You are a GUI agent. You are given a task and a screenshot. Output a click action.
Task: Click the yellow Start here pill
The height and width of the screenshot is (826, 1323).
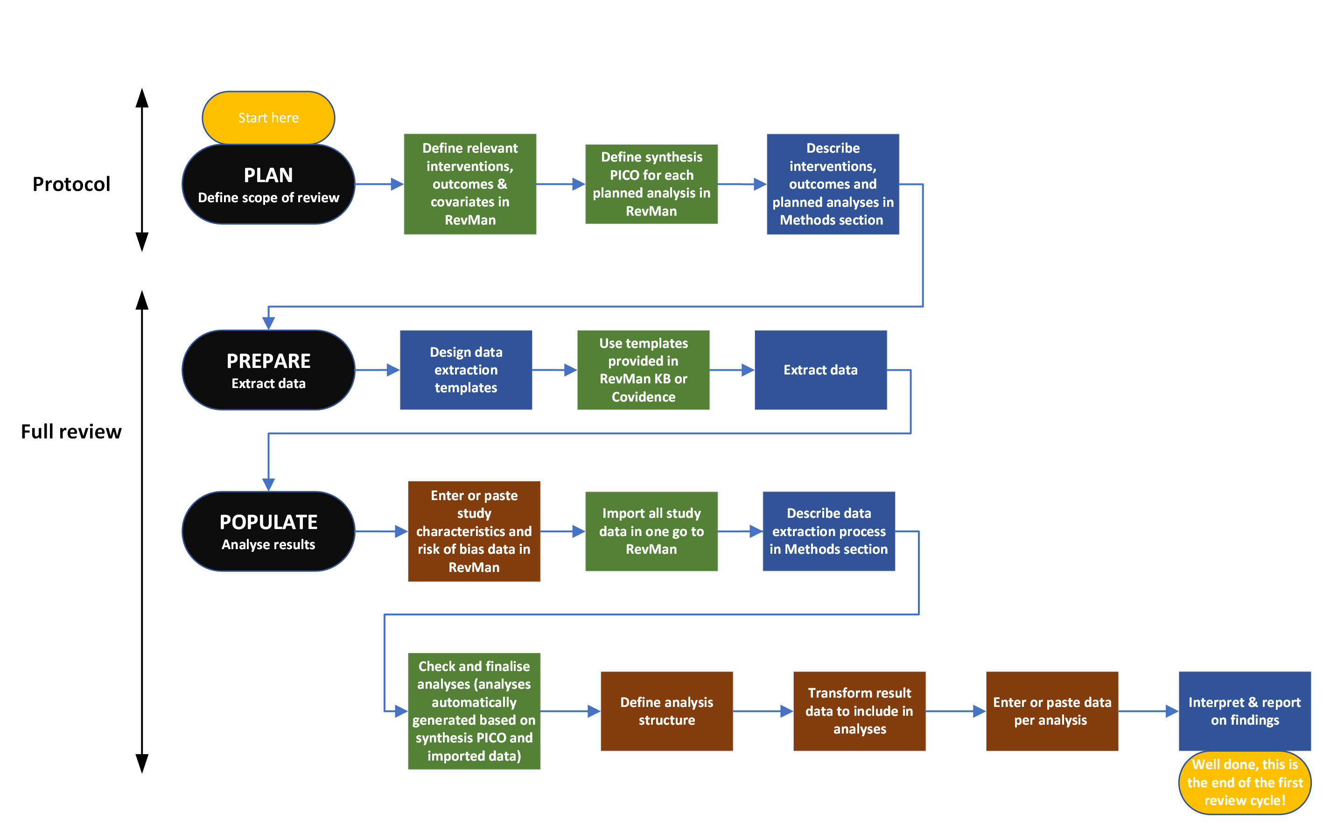[x=268, y=118]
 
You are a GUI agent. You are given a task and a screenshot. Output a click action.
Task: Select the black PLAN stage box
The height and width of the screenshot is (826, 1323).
[x=268, y=184]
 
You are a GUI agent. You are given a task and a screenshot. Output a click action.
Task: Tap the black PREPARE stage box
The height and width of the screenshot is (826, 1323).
[x=268, y=370]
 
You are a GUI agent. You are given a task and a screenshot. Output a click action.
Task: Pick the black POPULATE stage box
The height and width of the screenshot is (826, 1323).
[x=268, y=531]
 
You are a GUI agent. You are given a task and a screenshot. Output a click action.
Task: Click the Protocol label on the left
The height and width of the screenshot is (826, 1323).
[x=71, y=184]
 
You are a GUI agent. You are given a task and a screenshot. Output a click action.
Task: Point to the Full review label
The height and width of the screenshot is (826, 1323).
[x=71, y=431]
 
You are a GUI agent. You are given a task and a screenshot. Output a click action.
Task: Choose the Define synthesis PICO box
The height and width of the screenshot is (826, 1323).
[x=651, y=184]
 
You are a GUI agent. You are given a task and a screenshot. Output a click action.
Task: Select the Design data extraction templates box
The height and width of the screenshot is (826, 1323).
[x=466, y=370]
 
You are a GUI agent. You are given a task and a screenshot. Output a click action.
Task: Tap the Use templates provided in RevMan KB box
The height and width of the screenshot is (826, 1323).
[x=643, y=370]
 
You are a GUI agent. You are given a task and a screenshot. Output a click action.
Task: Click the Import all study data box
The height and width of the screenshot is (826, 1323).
[x=651, y=531]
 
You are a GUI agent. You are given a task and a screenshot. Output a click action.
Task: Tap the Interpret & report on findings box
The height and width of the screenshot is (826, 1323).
[x=1245, y=711]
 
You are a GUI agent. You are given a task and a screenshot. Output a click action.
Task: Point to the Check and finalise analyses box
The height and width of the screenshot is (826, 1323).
[x=474, y=711]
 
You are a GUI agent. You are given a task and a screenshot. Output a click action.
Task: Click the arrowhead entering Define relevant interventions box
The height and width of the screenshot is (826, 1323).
[x=397, y=184]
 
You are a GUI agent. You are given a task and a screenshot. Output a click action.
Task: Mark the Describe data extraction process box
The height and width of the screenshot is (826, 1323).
[x=828, y=531]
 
